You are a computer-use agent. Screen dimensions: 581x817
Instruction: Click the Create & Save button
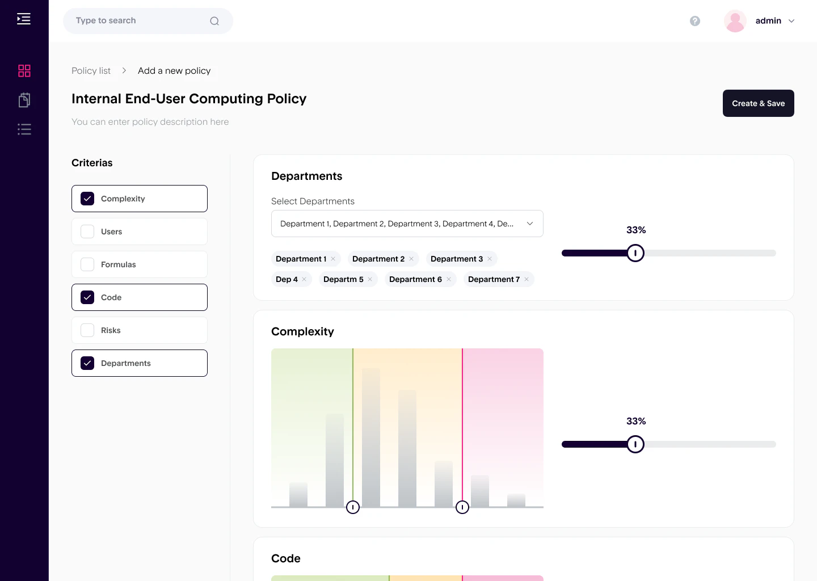click(758, 103)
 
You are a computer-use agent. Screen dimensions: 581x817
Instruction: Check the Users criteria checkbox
click(87, 231)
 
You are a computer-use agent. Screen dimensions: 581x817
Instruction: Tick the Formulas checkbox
click(87, 264)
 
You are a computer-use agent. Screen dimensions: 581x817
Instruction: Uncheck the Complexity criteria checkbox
click(87, 199)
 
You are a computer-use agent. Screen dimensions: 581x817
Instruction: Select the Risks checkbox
click(87, 330)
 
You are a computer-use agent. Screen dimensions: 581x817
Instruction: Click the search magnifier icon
click(214, 21)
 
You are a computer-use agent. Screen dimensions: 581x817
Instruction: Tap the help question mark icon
click(695, 21)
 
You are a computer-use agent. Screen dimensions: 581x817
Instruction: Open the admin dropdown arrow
click(791, 21)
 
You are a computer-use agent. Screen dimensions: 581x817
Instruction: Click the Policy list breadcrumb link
click(91, 71)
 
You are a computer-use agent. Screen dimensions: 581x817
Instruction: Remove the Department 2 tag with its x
click(411, 259)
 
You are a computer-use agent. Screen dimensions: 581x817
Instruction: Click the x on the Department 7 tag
click(527, 279)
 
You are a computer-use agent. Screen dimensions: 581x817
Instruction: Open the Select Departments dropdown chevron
click(530, 224)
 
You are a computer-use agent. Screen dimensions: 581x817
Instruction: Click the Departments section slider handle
click(635, 253)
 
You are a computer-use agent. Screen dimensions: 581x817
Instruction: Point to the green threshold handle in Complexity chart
click(353, 507)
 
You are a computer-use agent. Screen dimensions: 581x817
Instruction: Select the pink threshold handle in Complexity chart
click(462, 507)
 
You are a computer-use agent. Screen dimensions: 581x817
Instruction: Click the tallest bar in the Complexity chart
click(371, 437)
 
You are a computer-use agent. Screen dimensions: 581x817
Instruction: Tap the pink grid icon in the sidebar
click(24, 71)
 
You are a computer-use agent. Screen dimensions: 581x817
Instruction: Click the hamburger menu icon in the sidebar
click(24, 19)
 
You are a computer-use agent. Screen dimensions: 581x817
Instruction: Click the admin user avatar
click(735, 21)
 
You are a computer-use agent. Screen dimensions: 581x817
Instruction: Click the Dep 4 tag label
click(287, 279)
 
